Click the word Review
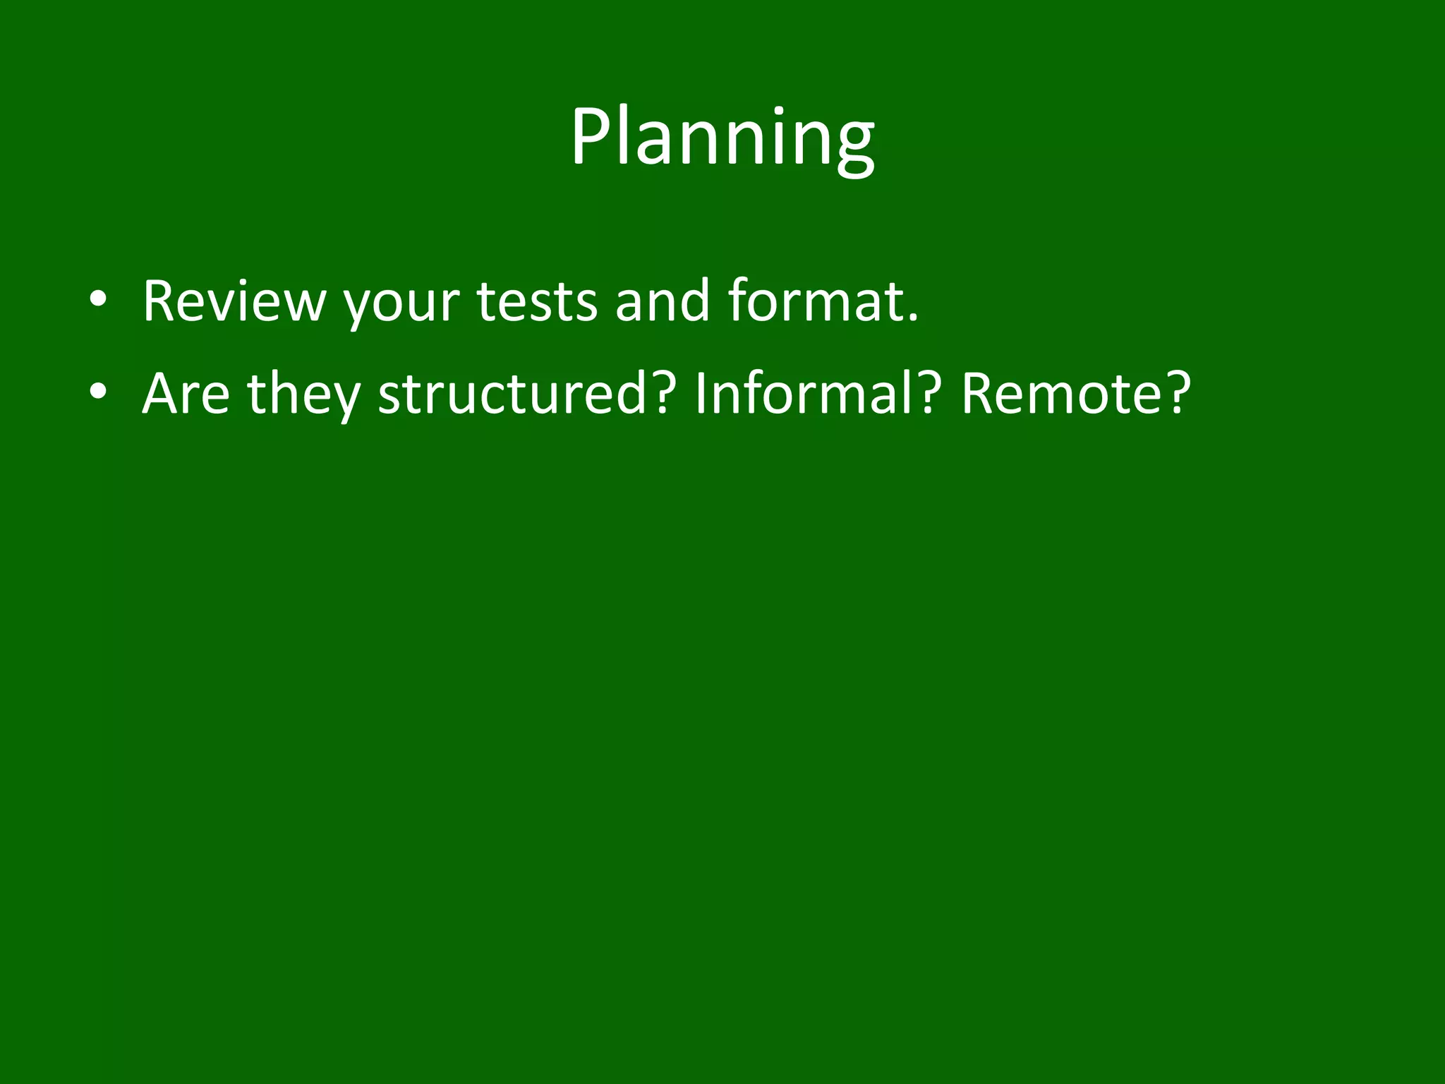tap(234, 301)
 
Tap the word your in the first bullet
tap(401, 305)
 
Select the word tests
tap(537, 301)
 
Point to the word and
tap(662, 301)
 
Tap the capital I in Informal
tap(701, 394)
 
